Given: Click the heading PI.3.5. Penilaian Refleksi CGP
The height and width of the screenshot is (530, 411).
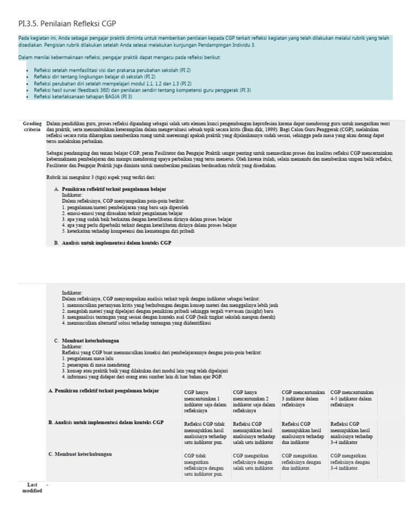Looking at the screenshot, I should [67, 24].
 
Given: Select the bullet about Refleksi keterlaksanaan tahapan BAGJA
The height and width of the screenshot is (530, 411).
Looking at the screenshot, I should [83, 97].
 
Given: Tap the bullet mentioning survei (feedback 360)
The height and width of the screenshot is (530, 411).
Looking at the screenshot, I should [142, 90].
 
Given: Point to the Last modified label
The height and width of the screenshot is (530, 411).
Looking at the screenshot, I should [32, 487].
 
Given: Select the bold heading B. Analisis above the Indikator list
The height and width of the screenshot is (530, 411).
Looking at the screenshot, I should [116, 243].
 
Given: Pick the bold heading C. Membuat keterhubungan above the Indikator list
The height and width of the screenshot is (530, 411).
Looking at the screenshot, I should [90, 340].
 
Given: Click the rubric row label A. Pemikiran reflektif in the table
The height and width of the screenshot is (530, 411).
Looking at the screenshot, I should [103, 391].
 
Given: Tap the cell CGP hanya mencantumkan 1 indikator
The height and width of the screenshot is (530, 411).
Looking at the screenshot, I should [205, 402].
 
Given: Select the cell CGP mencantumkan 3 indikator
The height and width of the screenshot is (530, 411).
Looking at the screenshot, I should [302, 398].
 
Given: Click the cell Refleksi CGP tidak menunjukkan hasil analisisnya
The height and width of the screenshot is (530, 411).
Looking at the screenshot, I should [205, 433].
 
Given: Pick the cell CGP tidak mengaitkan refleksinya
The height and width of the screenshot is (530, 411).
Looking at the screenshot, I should [205, 464].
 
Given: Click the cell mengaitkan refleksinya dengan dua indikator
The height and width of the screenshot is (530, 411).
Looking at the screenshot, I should [302, 461].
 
